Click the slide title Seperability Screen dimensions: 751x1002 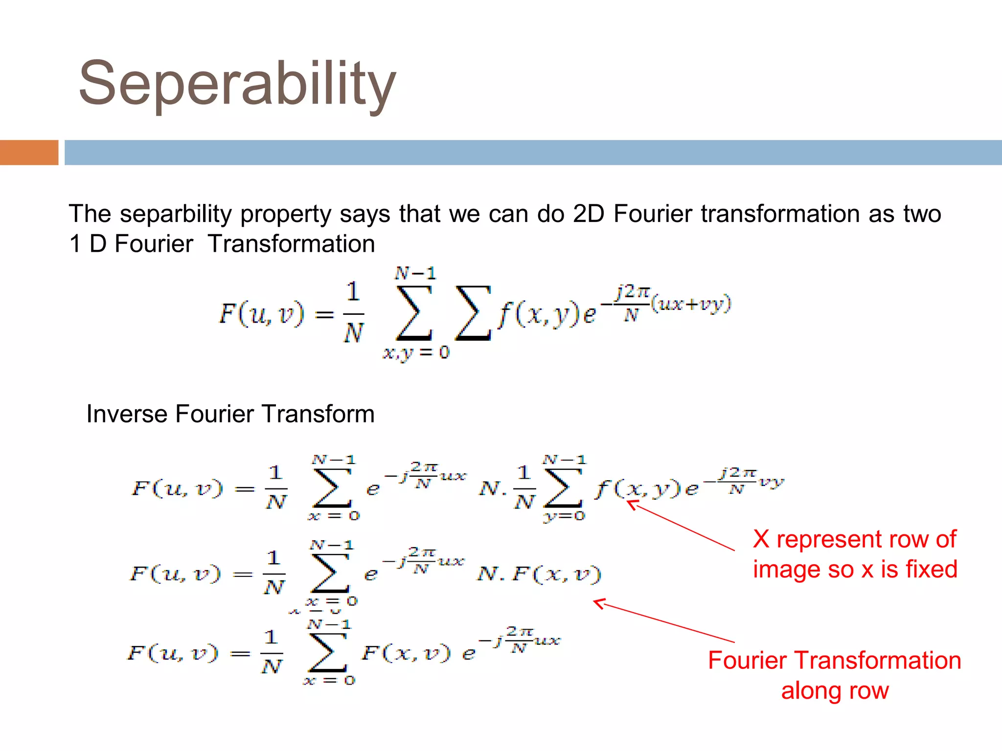237,83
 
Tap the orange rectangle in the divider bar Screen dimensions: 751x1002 29,153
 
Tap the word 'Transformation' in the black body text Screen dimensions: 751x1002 291,244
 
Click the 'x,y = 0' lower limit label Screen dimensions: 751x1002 416,353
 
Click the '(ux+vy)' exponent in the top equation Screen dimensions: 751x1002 691,304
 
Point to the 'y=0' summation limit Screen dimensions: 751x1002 564,516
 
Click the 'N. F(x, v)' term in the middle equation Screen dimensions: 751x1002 539,574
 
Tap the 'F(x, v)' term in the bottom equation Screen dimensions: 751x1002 406,653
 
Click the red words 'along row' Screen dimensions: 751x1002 835,691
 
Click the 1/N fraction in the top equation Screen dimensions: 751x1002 353,313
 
